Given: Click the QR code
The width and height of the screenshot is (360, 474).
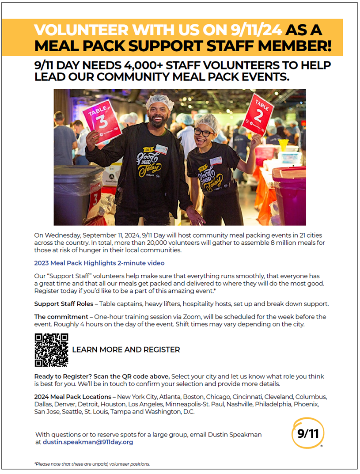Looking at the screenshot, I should pos(51,350).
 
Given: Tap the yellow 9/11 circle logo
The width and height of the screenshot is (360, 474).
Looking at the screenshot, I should pos(308,433).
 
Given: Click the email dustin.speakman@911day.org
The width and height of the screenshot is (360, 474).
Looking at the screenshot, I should pos(88,442).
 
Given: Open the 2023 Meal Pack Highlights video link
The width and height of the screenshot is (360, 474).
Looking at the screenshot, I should pos(99,263).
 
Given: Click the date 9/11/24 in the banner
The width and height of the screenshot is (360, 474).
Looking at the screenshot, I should pos(256,30).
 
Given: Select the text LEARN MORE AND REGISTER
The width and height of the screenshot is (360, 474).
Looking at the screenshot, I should pos(126,350).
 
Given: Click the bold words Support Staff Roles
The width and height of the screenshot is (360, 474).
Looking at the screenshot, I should pos(65,304).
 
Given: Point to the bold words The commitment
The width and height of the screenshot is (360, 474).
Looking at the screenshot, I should pos(61,317).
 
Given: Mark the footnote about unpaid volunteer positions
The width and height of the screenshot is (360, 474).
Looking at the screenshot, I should pos(92,464).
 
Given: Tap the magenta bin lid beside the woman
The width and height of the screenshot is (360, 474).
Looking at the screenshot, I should pos(289,172).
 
